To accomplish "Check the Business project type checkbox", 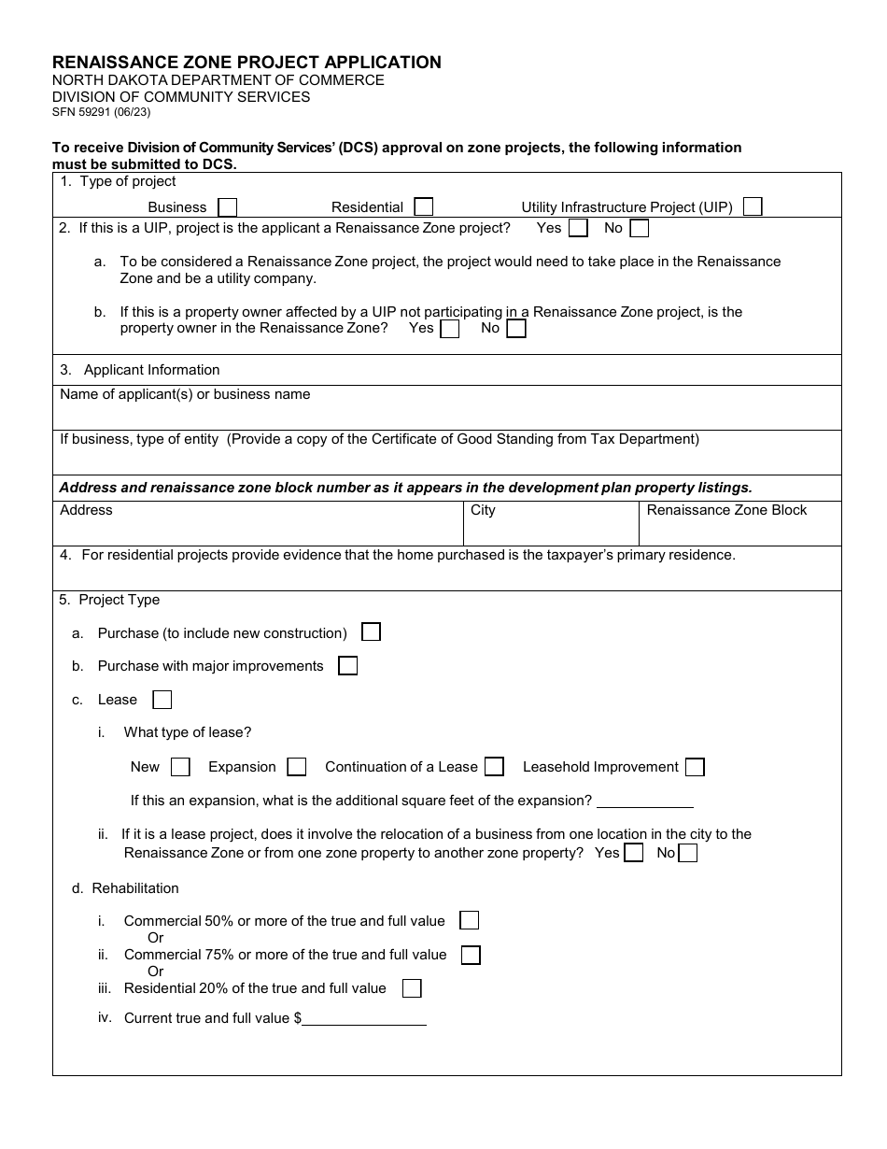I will pos(227,207).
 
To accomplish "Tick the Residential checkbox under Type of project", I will pos(423,207).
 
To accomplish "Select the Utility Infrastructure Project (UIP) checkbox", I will pos(753,206).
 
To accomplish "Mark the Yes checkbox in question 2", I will pos(578,228).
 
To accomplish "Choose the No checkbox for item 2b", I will pos(516,329).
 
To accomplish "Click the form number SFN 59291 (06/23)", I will pos(101,112).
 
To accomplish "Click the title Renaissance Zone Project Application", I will pos(246,63).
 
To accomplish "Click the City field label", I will pos(483,510).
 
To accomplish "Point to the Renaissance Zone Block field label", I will pos(726,510).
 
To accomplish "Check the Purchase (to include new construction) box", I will pos(371,632).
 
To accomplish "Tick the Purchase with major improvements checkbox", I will pos(347,666).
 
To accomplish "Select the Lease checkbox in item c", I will pos(162,700).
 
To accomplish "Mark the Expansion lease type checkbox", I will pos(296,767).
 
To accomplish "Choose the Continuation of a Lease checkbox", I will pos(494,767).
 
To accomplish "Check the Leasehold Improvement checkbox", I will pos(695,767).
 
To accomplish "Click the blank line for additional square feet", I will pos(644,801).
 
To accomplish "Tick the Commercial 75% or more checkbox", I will pos(471,955).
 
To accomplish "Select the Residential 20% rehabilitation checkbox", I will pos(411,988).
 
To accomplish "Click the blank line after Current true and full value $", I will pos(364,1019).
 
